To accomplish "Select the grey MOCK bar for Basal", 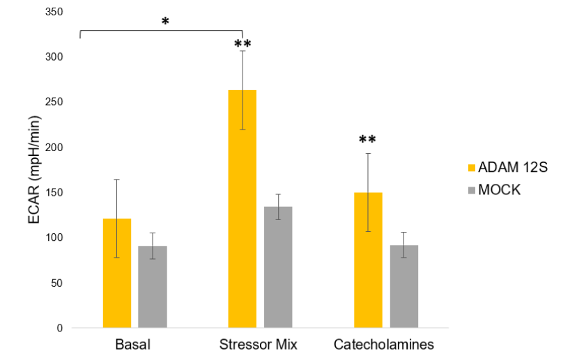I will [x=152, y=286].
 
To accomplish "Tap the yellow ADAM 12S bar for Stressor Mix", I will [x=243, y=209].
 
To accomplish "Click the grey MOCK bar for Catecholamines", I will [x=404, y=286].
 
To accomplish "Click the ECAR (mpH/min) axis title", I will [x=33, y=170].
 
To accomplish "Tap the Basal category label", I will [x=132, y=345].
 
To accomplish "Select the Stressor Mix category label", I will [x=259, y=345].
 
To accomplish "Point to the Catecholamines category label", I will [x=384, y=345].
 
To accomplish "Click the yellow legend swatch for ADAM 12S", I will [x=471, y=167].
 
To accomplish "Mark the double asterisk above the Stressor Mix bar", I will [x=243, y=45].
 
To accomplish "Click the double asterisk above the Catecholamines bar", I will [x=368, y=140].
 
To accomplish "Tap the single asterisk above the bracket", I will [x=165, y=21].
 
